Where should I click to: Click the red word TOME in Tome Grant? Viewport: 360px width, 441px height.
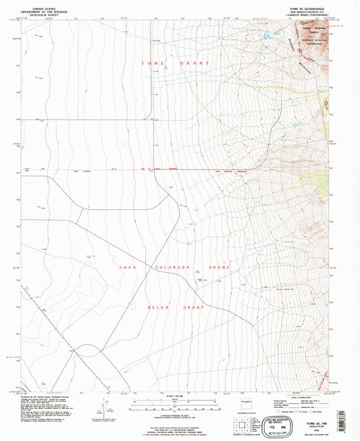(151, 63)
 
